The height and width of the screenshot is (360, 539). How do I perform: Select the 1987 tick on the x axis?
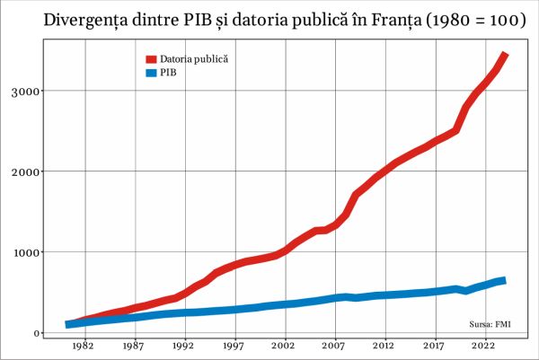(134, 346)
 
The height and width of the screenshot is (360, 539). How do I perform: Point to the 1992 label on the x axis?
(184, 346)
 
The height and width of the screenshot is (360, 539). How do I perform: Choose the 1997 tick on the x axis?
(234, 346)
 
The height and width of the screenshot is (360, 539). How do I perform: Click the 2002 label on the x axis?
(285, 346)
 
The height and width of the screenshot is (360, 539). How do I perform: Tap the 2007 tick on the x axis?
(334, 346)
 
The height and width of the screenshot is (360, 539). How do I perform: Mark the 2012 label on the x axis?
(384, 346)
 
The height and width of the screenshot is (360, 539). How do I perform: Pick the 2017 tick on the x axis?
(435, 346)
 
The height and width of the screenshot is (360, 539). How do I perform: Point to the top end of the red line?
(506, 55)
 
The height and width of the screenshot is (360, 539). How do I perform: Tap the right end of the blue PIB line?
(504, 281)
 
